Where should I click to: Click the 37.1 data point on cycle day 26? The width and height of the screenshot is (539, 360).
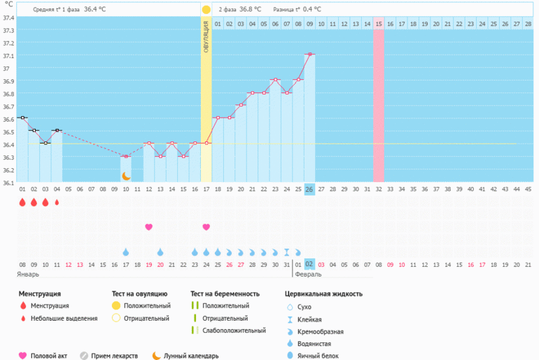click(x=309, y=54)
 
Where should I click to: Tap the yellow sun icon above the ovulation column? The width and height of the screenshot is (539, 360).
click(x=206, y=10)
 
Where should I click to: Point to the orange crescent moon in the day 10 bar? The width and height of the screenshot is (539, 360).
click(x=126, y=176)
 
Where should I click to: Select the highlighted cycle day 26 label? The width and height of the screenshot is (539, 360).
click(x=309, y=189)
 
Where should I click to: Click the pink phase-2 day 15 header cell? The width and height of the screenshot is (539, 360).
click(x=379, y=24)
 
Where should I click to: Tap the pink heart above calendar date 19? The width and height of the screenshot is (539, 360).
click(x=148, y=227)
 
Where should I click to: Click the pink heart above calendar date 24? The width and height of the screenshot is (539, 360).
click(x=206, y=227)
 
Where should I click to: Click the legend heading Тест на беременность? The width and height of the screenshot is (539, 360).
click(x=225, y=293)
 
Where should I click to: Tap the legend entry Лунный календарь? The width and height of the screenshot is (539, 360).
click(x=191, y=355)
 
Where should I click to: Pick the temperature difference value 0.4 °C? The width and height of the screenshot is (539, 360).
click(x=309, y=10)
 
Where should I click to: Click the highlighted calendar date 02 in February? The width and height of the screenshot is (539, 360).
click(x=309, y=264)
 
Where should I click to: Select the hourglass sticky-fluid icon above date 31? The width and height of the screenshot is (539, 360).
click(x=286, y=251)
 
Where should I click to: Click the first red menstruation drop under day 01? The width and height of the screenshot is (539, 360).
click(x=22, y=202)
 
